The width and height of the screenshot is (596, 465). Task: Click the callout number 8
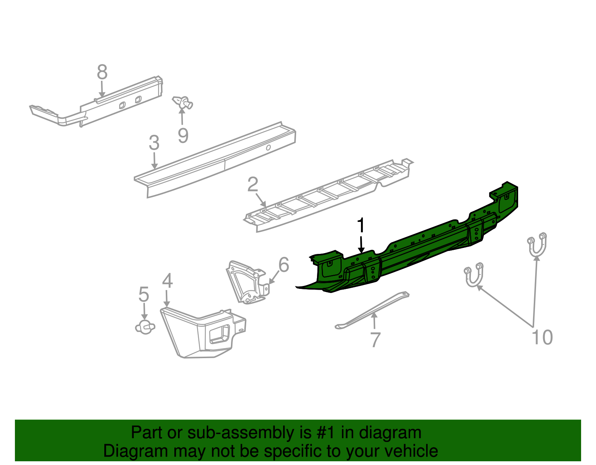[x=102, y=72]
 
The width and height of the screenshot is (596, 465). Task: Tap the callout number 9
[x=183, y=136]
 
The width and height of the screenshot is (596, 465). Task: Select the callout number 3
[x=154, y=143]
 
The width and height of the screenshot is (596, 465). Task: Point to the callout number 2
[x=253, y=184]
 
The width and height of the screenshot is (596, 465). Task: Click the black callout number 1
[x=361, y=225]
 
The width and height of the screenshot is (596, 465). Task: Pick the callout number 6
[x=283, y=265]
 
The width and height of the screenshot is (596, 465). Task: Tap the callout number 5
[x=144, y=294]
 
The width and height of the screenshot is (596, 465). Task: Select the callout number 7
[x=375, y=340]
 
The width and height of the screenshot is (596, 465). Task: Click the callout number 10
[x=542, y=337]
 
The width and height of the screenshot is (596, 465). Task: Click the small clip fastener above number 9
[x=183, y=103]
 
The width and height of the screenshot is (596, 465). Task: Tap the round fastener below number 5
[x=145, y=327]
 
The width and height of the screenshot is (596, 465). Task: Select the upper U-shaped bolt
[x=537, y=245]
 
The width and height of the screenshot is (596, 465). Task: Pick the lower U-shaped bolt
[x=473, y=275]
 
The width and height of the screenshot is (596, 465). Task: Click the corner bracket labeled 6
[x=248, y=282]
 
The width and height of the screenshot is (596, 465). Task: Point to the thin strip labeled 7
[x=372, y=310]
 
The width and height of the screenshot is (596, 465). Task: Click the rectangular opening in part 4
[x=219, y=334]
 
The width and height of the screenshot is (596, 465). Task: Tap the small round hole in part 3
[x=268, y=147]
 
